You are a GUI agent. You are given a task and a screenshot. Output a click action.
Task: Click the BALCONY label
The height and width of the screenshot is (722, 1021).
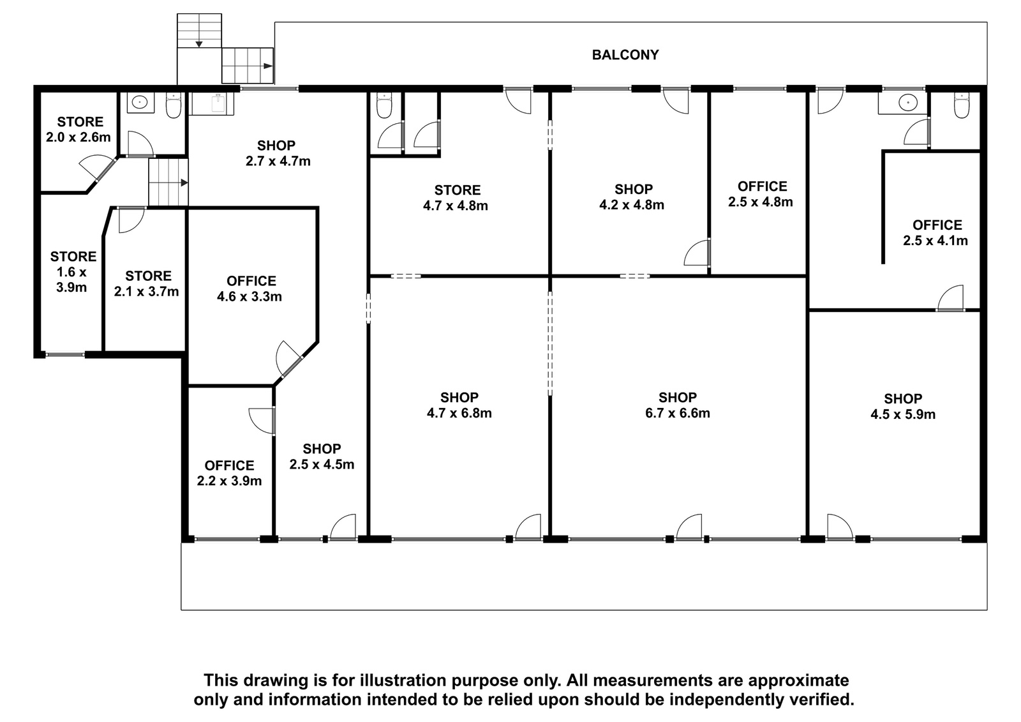(625, 55)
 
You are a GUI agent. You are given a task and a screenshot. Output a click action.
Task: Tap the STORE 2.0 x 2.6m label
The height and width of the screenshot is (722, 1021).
(78, 130)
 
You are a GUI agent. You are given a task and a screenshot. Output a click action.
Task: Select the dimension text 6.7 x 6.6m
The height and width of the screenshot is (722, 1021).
(677, 413)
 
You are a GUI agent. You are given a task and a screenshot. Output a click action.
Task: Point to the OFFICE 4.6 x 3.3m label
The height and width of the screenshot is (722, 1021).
(250, 289)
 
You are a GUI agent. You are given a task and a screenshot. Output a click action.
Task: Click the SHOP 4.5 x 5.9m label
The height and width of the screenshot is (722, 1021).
(902, 407)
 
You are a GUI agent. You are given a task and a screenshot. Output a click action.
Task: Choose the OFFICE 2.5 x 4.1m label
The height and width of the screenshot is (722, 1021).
(935, 232)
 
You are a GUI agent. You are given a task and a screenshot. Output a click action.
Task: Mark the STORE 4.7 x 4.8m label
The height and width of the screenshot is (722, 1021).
(456, 198)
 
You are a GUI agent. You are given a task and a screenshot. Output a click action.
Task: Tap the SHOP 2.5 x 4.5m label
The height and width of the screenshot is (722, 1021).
(322, 456)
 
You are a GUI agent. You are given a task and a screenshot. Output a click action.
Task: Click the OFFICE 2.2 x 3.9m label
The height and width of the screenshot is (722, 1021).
(229, 473)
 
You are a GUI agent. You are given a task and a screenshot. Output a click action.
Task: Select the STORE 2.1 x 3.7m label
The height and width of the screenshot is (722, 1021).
(147, 283)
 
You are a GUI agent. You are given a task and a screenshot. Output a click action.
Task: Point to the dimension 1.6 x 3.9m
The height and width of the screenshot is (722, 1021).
(71, 280)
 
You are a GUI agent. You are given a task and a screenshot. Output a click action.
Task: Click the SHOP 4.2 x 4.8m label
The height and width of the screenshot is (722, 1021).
(632, 197)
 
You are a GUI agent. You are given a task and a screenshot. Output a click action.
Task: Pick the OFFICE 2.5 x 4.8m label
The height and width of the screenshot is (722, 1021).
(761, 194)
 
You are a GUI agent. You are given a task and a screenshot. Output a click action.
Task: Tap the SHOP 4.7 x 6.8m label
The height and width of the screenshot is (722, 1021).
(459, 405)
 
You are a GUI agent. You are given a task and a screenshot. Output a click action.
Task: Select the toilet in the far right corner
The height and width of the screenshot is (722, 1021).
(961, 105)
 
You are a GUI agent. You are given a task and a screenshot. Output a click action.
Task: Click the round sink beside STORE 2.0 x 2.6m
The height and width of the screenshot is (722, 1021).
(137, 102)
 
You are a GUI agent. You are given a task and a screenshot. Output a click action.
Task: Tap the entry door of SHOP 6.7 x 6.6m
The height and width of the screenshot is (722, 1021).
(689, 527)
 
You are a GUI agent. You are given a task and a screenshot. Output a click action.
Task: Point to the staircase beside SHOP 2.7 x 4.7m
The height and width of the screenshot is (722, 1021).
(168, 183)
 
